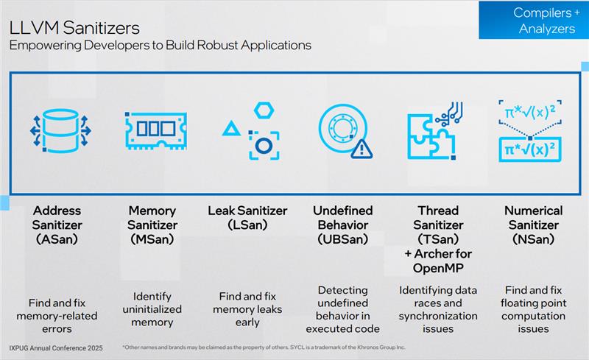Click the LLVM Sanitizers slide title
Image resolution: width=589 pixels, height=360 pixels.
pyautogui.click(x=74, y=28)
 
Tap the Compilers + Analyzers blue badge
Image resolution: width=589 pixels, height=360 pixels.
pyautogui.click(x=533, y=21)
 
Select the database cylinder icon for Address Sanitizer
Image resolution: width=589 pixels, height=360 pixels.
pyautogui.click(x=60, y=131)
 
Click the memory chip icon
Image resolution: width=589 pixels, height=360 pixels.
pyautogui.click(x=155, y=131)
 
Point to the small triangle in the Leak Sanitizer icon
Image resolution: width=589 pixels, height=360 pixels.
pyautogui.click(x=231, y=129)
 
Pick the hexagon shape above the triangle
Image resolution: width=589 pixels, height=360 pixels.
pyautogui.click(x=264, y=110)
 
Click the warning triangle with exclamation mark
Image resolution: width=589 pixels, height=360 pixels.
pyautogui.click(x=361, y=149)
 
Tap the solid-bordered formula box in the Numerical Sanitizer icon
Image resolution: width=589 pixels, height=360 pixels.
pyautogui.click(x=529, y=149)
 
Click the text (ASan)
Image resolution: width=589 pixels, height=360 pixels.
pyautogui.click(x=57, y=239)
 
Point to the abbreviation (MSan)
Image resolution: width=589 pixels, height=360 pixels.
pyautogui.click(x=152, y=239)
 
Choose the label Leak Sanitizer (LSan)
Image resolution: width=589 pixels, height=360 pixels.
pyautogui.click(x=247, y=218)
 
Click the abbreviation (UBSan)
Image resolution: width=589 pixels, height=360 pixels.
pyautogui.click(x=342, y=239)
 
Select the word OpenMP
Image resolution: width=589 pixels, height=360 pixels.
pyautogui.click(x=438, y=268)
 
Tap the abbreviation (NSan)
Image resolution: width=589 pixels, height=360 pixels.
pyautogui.click(x=533, y=239)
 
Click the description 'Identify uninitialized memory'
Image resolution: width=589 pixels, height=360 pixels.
pyautogui.click(x=152, y=309)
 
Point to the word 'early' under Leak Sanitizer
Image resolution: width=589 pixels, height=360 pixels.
pyautogui.click(x=247, y=322)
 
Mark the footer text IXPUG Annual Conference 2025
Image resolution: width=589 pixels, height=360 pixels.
pyautogui.click(x=56, y=348)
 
